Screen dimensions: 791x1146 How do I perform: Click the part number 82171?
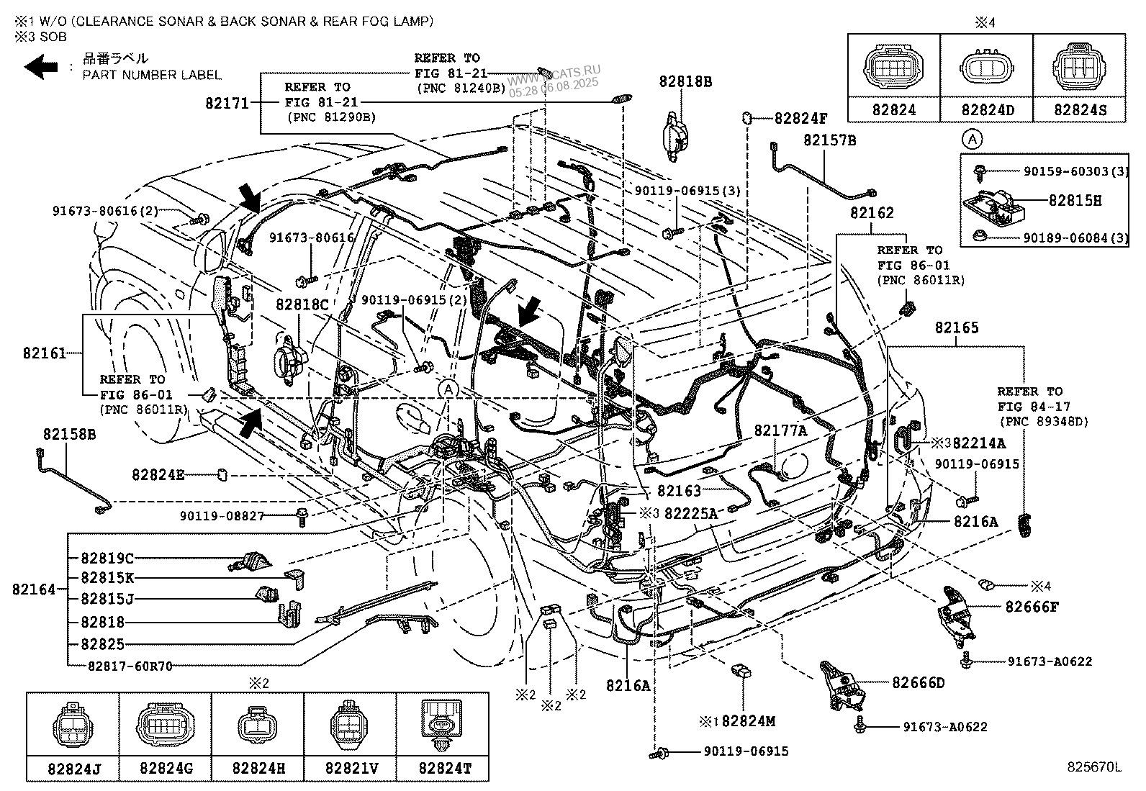pos(227,104)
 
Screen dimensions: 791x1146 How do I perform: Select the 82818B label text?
pos(685,82)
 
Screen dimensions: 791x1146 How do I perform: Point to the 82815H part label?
pos(1075,201)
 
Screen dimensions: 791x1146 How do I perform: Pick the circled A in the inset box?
pos(973,138)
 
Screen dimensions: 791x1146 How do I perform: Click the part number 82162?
pos(871,213)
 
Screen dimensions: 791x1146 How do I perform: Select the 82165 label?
pos(957,328)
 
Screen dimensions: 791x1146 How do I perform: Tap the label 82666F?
pos(1032,607)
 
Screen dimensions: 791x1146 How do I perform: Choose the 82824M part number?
pos(749,720)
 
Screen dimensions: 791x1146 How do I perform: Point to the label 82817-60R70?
pos(130,666)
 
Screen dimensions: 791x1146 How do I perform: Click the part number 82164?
pos(33,589)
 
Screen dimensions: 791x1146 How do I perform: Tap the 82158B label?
pos(69,435)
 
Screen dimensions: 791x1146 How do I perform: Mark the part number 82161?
pos(44,353)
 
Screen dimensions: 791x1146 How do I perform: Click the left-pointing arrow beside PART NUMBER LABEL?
pos(41,67)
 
